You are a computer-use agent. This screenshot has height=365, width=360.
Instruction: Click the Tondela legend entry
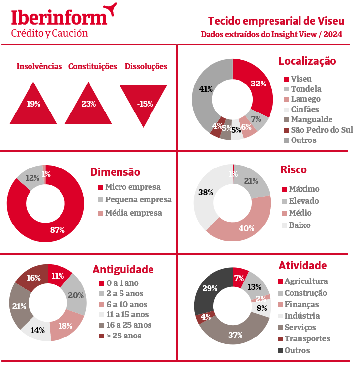pos(305,89)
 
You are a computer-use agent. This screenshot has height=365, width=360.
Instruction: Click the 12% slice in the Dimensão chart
pos(31,178)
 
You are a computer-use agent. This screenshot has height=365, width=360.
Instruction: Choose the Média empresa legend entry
pos(133,213)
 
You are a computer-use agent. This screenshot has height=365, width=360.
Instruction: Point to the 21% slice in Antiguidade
pos(19,306)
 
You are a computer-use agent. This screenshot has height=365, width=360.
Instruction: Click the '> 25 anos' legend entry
pos(123,336)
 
